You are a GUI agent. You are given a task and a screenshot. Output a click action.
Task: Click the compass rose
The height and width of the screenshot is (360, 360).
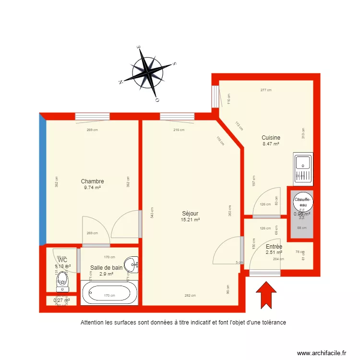tap(151, 72)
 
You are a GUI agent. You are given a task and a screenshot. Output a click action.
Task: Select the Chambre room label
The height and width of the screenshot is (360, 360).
tap(92, 181)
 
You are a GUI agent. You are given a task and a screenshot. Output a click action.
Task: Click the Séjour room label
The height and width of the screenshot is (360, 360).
tap(190, 214)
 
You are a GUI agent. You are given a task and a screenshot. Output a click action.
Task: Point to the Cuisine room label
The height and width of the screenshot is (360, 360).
tap(271, 138)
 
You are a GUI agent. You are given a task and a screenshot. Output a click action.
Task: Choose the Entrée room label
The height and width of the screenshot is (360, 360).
tap(274, 246)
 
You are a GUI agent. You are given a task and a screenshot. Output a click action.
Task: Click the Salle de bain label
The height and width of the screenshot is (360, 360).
tap(107, 268)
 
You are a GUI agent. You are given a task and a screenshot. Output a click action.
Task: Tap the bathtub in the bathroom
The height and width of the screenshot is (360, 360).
tap(109, 293)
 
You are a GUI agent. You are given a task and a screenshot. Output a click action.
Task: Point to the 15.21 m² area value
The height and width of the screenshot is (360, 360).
tap(190, 220)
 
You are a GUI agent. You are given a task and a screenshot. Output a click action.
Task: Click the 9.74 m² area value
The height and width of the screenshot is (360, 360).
tap(92, 188)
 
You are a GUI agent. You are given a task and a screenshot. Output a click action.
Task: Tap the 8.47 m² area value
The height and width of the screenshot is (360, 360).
tap(271, 144)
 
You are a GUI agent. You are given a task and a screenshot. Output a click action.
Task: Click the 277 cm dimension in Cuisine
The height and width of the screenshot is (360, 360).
tap(266, 90)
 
